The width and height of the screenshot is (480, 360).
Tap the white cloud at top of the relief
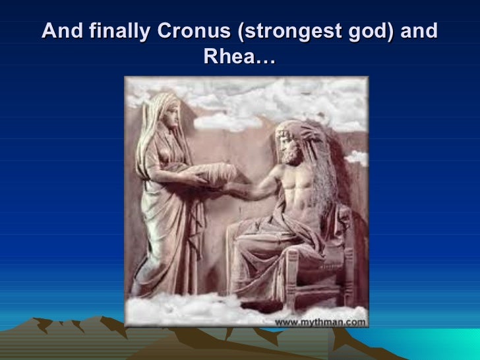tap(231, 92)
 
